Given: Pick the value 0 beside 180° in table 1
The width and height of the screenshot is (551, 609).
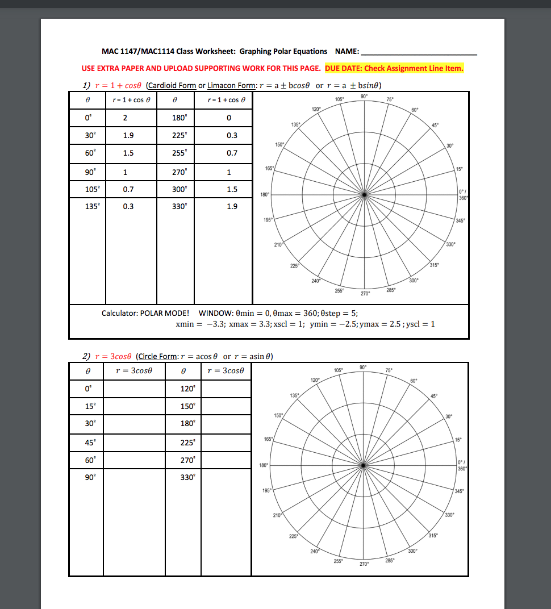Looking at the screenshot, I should (x=228, y=118).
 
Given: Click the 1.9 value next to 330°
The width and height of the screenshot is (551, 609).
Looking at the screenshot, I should (x=232, y=206).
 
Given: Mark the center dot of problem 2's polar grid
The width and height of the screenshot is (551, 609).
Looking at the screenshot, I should (x=364, y=465).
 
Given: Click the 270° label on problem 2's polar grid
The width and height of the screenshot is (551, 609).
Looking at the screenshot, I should (x=365, y=564).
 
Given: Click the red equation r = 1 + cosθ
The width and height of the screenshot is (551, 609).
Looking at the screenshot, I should (x=118, y=86).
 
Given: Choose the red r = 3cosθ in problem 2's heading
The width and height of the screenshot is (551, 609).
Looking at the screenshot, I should (x=114, y=356).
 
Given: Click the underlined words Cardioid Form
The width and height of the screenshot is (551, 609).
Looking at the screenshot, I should (x=171, y=86).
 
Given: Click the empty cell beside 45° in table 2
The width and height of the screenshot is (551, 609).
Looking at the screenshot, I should (x=134, y=443).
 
